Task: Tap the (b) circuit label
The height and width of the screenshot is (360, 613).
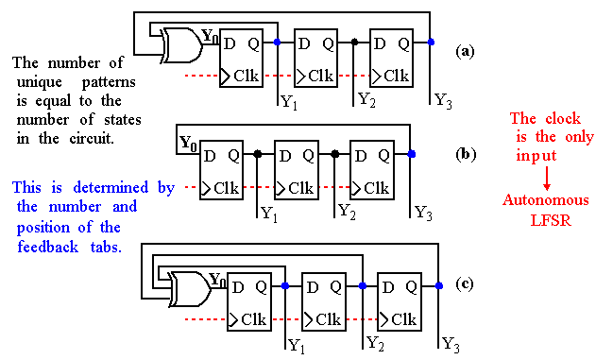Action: pyautogui.click(x=466, y=152)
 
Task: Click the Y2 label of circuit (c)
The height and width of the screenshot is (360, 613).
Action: pyautogui.click(x=375, y=341)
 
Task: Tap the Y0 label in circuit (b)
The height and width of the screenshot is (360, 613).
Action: pyautogui.click(x=188, y=143)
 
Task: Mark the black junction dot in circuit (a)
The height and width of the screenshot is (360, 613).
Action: pyautogui.click(x=353, y=43)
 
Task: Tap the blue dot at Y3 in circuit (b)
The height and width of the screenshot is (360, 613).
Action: pyautogui.click(x=411, y=153)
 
